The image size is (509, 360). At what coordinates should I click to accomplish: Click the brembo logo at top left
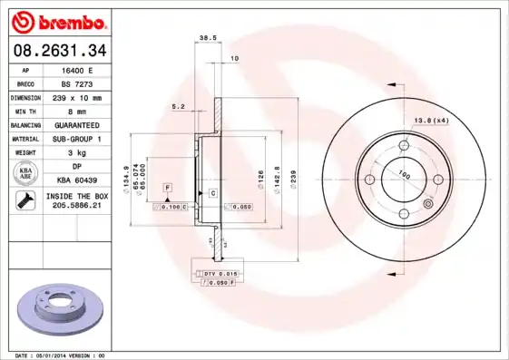tap(57, 20)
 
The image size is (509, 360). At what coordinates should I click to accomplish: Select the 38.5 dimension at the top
tap(206, 39)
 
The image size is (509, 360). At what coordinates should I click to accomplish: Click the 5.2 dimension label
tap(178, 106)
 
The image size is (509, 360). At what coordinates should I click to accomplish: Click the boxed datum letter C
tap(212, 193)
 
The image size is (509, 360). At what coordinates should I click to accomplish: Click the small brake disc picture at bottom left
tap(57, 311)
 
